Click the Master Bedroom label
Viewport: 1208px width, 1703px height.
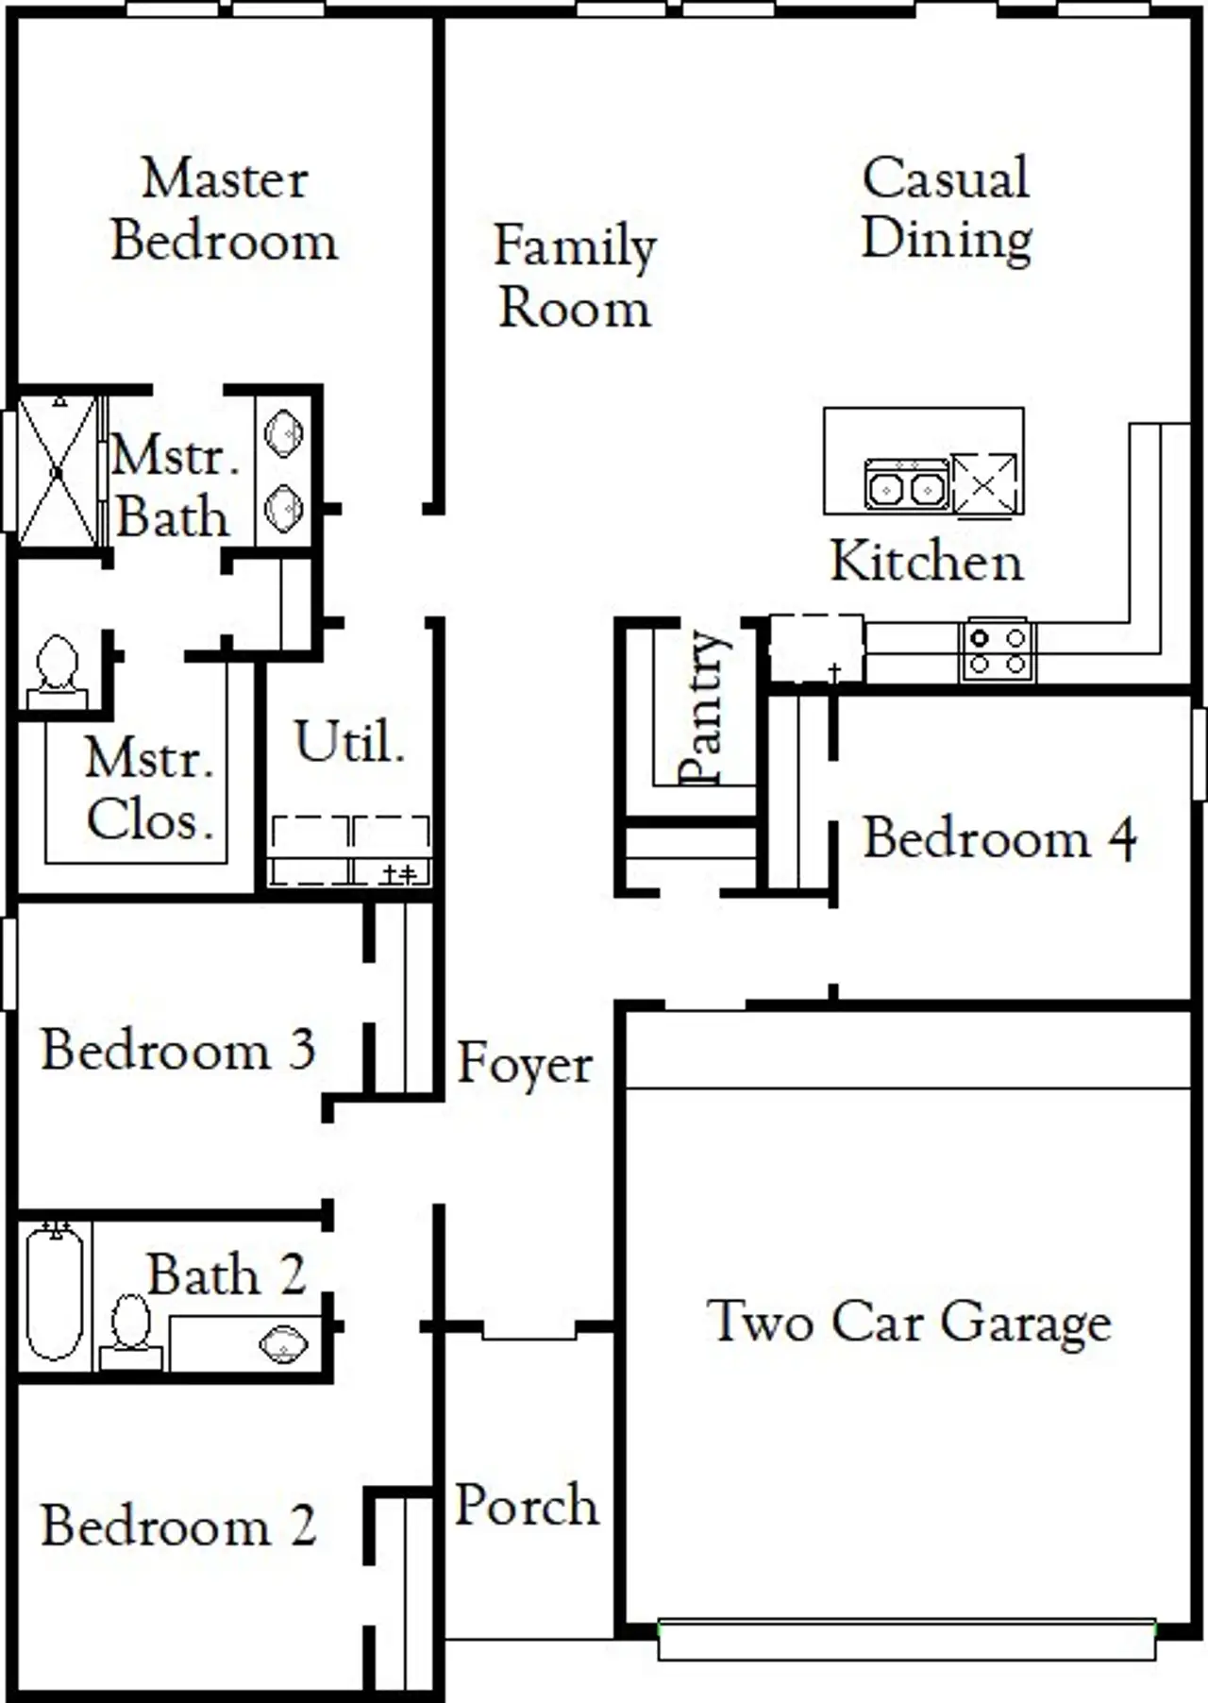pyautogui.click(x=225, y=210)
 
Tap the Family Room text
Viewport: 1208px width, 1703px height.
pyautogui.click(x=575, y=276)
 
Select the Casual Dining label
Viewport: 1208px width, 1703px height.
pyautogui.click(x=947, y=208)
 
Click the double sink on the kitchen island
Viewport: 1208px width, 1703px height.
pyautogui.click(x=906, y=486)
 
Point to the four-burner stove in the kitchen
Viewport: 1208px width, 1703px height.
pyautogui.click(x=998, y=650)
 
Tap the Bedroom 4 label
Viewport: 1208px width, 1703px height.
pyautogui.click(x=998, y=838)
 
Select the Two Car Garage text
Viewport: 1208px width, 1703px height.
pyautogui.click(x=908, y=1322)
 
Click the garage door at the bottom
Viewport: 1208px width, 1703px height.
pyautogui.click(x=906, y=1639)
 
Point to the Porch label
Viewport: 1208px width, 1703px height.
pyautogui.click(x=527, y=1505)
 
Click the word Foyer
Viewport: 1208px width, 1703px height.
pyautogui.click(x=525, y=1064)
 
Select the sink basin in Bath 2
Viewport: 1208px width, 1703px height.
pyautogui.click(x=283, y=1344)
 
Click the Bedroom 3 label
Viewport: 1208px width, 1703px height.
pyautogui.click(x=177, y=1050)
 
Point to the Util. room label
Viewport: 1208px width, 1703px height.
pyautogui.click(x=349, y=742)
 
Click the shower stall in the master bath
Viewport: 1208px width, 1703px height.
pyautogui.click(x=58, y=471)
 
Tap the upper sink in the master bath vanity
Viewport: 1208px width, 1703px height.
pyautogui.click(x=283, y=434)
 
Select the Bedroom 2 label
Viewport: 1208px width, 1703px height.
pyautogui.click(x=177, y=1526)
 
